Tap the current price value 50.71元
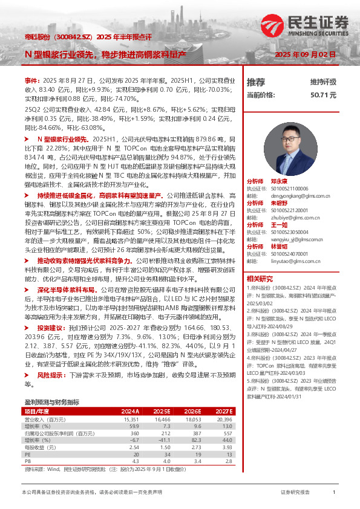[323, 95]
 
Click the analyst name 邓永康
[279, 181]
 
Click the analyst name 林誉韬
[279, 247]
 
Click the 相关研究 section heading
[261, 279]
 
